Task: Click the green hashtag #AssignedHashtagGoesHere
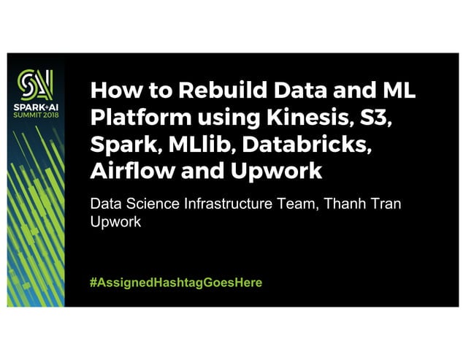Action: [175, 282]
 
